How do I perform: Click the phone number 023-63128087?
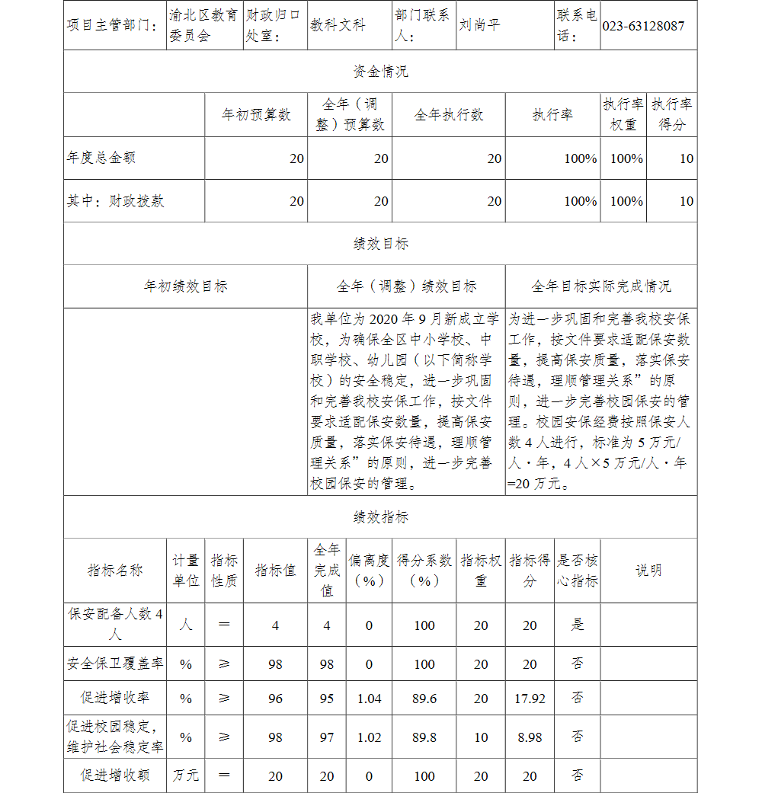pos(643,26)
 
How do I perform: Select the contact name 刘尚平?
pos(479,25)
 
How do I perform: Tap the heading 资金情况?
pos(380,72)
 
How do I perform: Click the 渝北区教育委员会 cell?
pos(203,25)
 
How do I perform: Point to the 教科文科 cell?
pos(338,25)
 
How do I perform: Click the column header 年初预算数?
pos(256,115)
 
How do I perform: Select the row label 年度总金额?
pos(101,158)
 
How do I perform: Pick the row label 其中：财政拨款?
pos(115,201)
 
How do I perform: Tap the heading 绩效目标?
pos(380,244)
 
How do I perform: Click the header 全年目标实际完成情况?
pos(600,286)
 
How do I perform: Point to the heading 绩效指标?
pos(380,517)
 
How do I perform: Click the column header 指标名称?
pos(115,571)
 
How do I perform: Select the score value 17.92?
pos(530,699)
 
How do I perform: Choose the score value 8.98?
pos(530,737)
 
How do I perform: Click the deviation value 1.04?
pos(370,699)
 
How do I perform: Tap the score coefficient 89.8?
pos(424,737)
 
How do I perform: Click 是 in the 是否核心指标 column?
pos(578,625)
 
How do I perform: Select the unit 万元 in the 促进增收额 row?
pos(185,775)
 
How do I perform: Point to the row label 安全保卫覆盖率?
pos(115,663)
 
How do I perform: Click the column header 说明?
pos(648,571)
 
